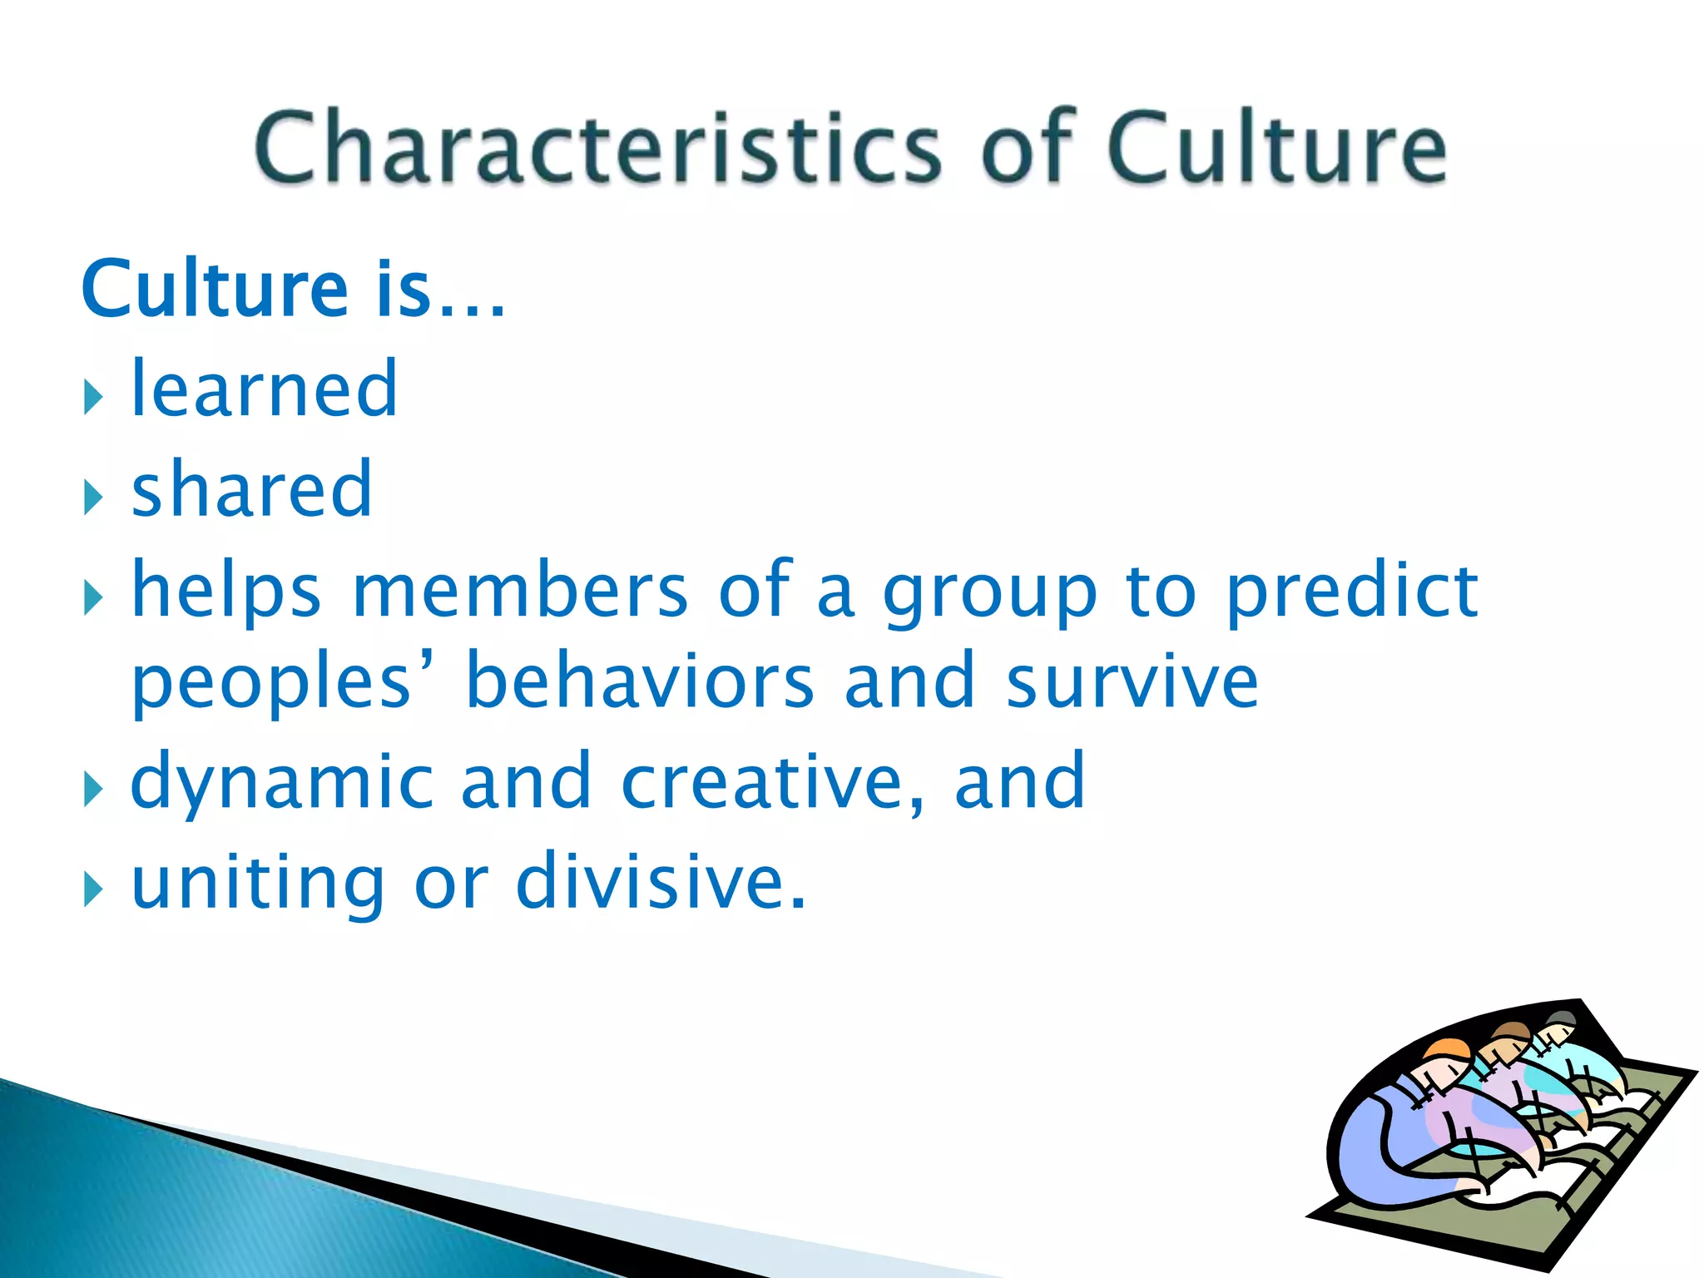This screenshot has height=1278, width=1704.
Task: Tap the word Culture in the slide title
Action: [1276, 148]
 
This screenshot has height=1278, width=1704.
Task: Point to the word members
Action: [520, 591]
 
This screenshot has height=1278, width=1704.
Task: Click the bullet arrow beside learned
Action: [92, 399]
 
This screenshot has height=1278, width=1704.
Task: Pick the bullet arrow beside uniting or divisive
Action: [92, 891]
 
